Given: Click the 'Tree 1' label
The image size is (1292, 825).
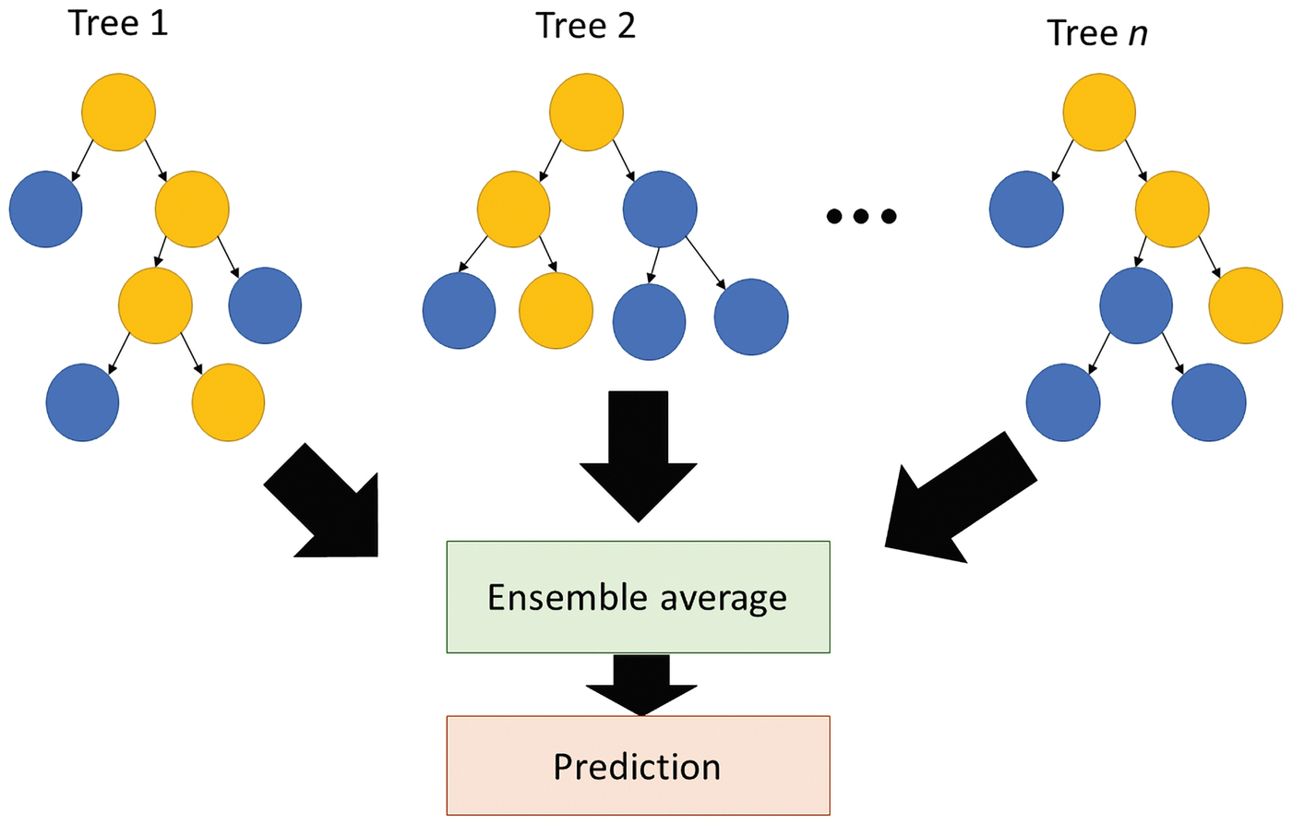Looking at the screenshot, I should (x=118, y=22).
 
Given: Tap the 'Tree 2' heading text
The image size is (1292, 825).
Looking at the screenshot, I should (x=585, y=25).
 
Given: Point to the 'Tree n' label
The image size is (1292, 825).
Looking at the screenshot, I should (x=1097, y=33).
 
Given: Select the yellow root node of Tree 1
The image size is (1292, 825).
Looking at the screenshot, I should (x=118, y=112).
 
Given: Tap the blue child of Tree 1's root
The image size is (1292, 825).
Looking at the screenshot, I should (x=46, y=209).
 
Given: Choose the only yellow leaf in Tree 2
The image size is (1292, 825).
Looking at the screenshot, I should (x=556, y=310).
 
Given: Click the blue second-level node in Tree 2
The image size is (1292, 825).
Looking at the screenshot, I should (x=660, y=209).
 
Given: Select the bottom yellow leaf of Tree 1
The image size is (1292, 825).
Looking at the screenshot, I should (x=228, y=402).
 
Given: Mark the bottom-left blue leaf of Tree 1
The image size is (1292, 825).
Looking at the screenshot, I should (x=83, y=402).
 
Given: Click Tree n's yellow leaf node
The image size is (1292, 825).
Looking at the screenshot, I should (x=1246, y=305).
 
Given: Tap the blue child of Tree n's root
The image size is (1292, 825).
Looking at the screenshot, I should (x=1026, y=209).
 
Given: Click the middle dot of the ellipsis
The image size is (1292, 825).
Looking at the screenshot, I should (x=861, y=217).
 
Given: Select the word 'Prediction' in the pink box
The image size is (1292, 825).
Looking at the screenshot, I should (x=637, y=767).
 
